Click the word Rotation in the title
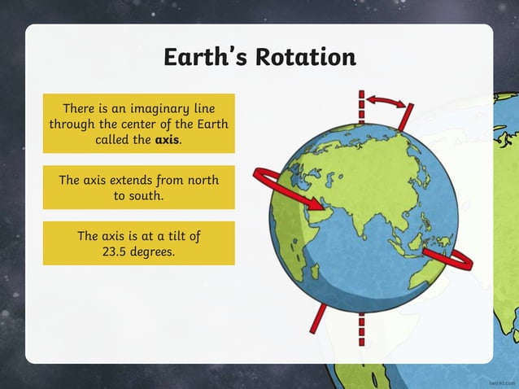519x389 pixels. (309, 58)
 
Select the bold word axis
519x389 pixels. (166, 139)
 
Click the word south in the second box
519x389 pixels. (151, 195)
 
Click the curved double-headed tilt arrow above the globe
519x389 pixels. (385, 100)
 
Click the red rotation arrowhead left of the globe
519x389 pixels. (269, 178)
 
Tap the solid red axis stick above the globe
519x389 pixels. (406, 116)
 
